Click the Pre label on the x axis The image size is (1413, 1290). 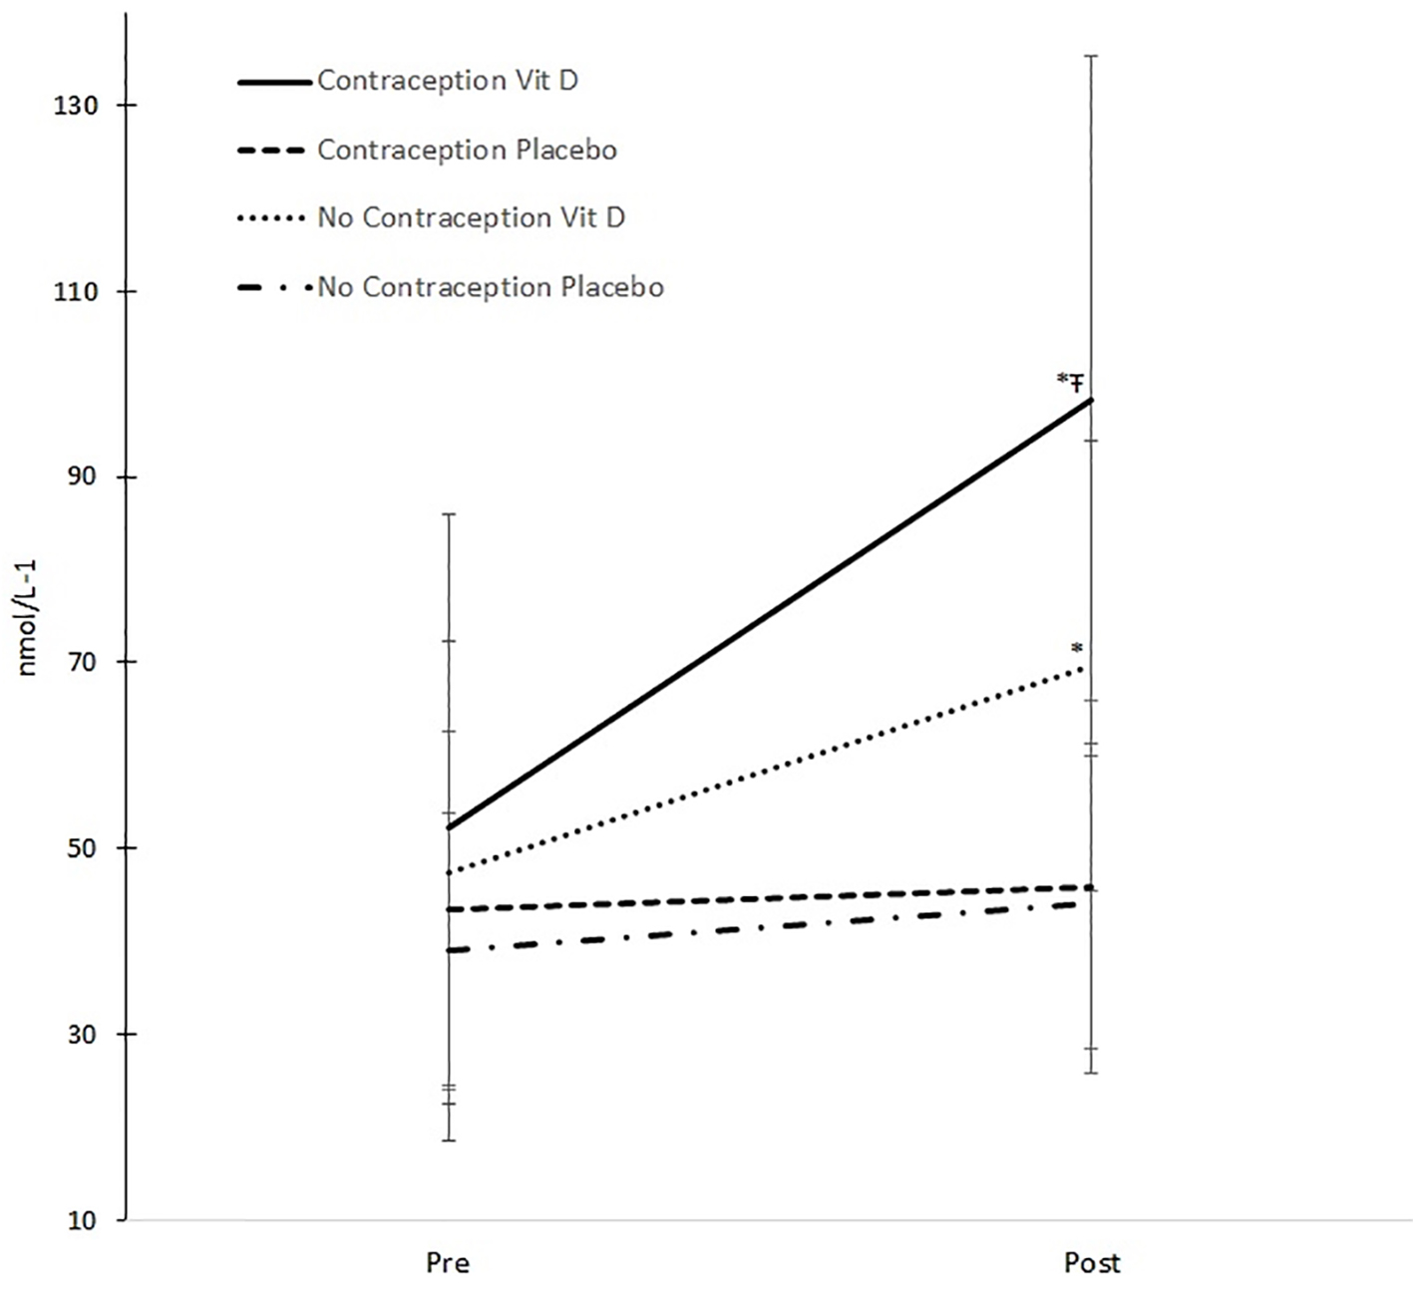click(448, 1263)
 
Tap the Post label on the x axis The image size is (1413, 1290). click(1092, 1263)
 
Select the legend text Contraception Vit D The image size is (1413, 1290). click(448, 81)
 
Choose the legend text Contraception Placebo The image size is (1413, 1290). click(467, 150)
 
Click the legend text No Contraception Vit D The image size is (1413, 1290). click(471, 217)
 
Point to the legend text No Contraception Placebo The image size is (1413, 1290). click(491, 287)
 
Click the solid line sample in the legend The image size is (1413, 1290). click(274, 82)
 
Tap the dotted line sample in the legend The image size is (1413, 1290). click(271, 218)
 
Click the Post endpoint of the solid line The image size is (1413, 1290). click(1092, 400)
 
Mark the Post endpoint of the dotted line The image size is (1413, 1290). click(1084, 668)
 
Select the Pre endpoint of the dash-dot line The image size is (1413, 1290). click(450, 950)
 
